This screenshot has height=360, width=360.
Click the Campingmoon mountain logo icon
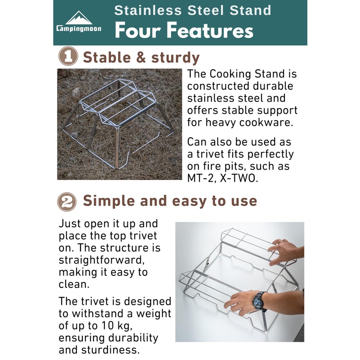click(x=78, y=18)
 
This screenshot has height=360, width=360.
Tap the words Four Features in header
click(x=184, y=31)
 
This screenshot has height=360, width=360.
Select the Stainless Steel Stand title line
click(x=193, y=10)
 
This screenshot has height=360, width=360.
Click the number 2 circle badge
click(x=67, y=201)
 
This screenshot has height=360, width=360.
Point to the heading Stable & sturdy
click(x=141, y=58)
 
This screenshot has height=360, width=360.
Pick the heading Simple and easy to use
click(x=170, y=201)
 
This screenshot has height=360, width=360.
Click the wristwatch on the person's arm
click(x=259, y=300)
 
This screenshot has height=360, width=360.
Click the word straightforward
click(x=103, y=260)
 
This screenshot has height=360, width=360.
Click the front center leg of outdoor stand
click(x=118, y=148)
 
